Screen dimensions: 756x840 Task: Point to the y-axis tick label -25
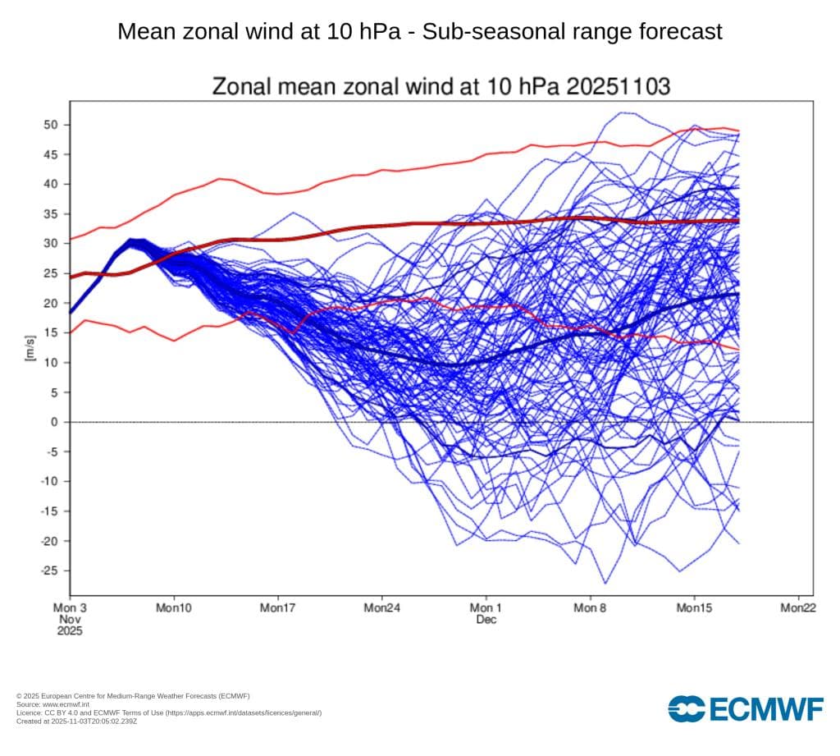pyautogui.click(x=50, y=570)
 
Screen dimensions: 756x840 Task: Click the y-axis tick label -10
pyautogui.click(x=50, y=481)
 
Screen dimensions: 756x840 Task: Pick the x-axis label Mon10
pyautogui.click(x=174, y=608)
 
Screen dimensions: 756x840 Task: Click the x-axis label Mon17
pyautogui.click(x=278, y=608)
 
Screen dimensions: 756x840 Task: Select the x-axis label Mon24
pyautogui.click(x=381, y=608)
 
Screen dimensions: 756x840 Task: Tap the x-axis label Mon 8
pyautogui.click(x=590, y=608)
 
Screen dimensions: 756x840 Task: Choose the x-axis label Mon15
pyautogui.click(x=694, y=608)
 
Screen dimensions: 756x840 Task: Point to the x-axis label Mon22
pyautogui.click(x=798, y=608)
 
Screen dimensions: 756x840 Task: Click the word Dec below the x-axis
pyautogui.click(x=486, y=620)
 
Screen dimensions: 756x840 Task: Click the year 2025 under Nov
pyautogui.click(x=70, y=631)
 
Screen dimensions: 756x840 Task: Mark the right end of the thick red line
pyautogui.click(x=738, y=221)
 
